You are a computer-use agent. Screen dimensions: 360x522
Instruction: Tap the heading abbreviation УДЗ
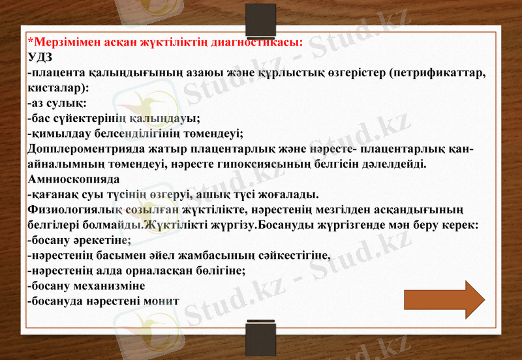coord(41,57)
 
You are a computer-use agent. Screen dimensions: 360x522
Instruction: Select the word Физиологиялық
coord(71,209)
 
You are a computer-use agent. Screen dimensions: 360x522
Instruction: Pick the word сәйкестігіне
coord(288,255)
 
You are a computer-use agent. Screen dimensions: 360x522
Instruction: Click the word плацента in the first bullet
coord(57,72)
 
